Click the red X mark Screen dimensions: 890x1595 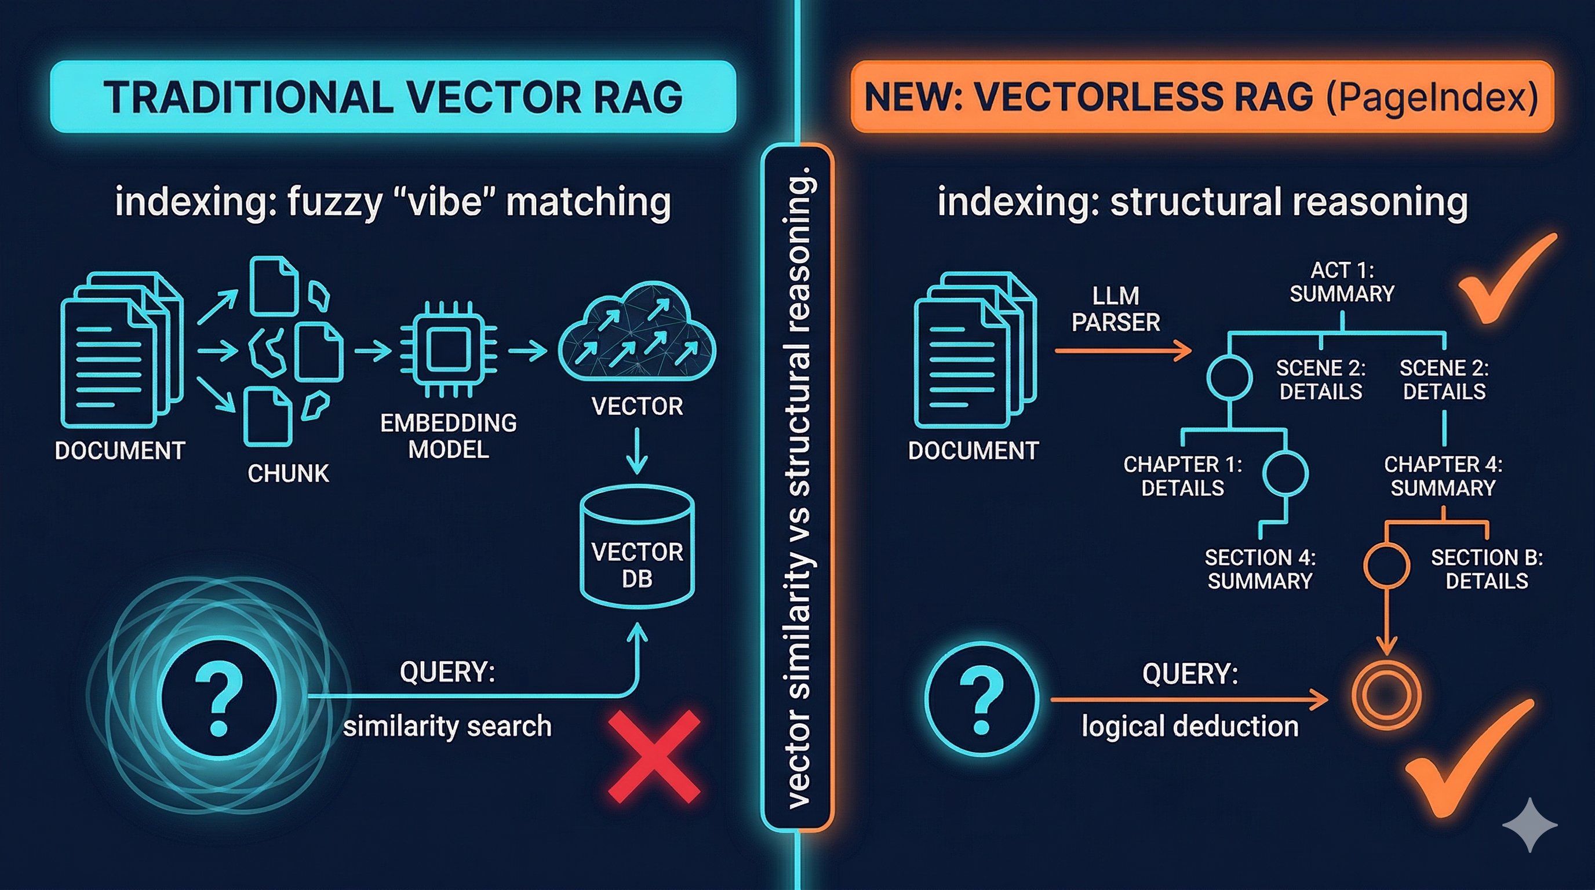[x=654, y=756]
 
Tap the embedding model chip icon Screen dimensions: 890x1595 [x=448, y=350]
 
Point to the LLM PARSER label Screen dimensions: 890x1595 [x=1115, y=309]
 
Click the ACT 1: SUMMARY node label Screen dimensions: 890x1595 [x=1342, y=282]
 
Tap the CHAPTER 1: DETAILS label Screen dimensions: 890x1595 [x=1182, y=476]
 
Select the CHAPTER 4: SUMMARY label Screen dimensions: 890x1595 [x=1443, y=476]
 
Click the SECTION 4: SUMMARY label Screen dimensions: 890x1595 [x=1259, y=569]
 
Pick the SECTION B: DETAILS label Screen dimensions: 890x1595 [x=1486, y=569]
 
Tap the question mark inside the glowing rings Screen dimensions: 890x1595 [x=218, y=698]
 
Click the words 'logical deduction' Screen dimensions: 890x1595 [x=1189, y=726]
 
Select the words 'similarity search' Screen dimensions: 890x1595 [x=447, y=726]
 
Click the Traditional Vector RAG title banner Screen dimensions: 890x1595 [x=392, y=97]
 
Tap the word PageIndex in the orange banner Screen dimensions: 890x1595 [x=1432, y=98]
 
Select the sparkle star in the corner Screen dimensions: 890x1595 [x=1530, y=825]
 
